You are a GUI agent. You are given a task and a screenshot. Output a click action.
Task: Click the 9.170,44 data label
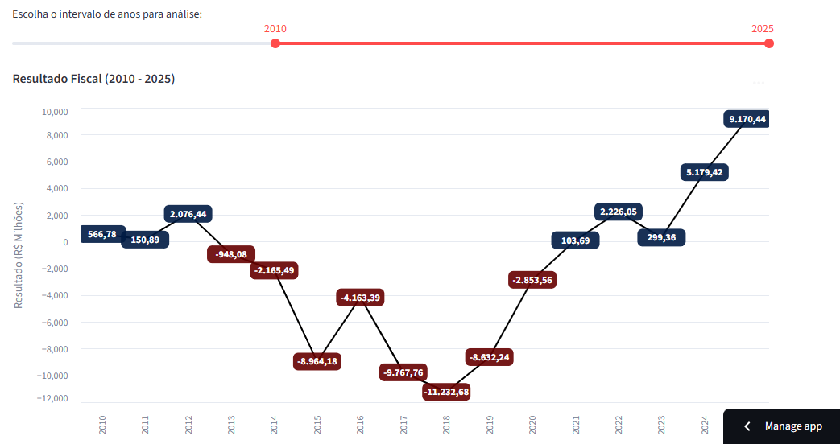click(x=747, y=119)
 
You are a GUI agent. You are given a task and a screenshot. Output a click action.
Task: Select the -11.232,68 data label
click(x=446, y=392)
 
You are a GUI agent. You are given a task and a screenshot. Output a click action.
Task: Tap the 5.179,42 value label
click(x=705, y=172)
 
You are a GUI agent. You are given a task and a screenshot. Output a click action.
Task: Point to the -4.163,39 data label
click(x=360, y=298)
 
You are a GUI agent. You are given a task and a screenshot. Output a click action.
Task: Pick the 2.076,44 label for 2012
click(x=188, y=214)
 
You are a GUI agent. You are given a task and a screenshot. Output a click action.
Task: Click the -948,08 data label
click(x=231, y=254)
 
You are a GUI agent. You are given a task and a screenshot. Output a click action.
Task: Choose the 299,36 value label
click(x=661, y=237)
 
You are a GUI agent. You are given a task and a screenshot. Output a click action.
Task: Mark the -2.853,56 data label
click(x=532, y=280)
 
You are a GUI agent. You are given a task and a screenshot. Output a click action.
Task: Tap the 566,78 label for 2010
click(x=102, y=234)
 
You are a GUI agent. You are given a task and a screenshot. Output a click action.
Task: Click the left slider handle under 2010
click(x=275, y=43)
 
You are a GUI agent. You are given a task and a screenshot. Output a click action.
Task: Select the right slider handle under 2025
click(x=769, y=43)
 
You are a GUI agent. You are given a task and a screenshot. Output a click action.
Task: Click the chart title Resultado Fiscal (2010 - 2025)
click(x=94, y=79)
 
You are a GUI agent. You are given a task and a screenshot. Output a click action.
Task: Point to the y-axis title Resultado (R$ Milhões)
click(x=19, y=255)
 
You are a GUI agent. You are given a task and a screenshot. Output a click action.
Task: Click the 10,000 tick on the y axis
click(x=56, y=112)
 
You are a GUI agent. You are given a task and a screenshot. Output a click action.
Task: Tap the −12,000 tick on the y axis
click(x=53, y=399)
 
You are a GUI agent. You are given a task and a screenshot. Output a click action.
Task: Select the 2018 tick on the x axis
click(x=446, y=425)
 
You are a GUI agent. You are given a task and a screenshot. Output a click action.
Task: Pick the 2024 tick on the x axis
click(x=705, y=425)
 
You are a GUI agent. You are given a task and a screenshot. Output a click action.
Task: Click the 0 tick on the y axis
click(x=65, y=242)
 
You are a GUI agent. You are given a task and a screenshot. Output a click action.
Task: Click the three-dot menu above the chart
click(x=758, y=82)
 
